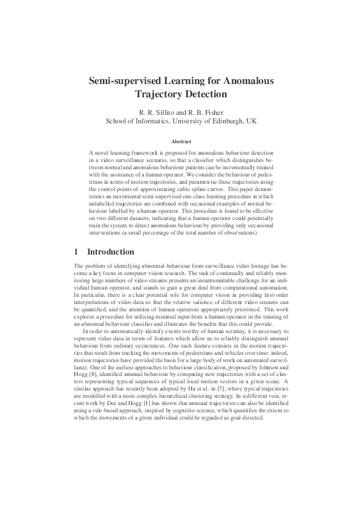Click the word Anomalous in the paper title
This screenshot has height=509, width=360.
[x=242, y=80]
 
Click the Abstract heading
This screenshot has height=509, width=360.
[x=180, y=141]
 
